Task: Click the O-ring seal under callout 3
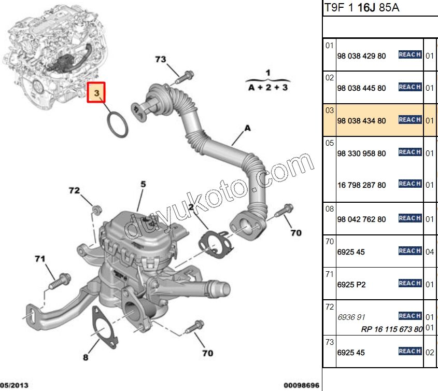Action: (x=118, y=125)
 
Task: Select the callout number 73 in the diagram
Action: (x=161, y=60)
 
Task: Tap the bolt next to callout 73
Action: (x=185, y=78)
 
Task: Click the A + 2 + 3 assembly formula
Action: (x=267, y=88)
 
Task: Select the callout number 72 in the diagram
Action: (x=75, y=191)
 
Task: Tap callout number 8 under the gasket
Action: (x=86, y=357)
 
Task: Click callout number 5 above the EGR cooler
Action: (x=143, y=184)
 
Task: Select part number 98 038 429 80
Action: (x=361, y=56)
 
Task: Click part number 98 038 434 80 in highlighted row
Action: (x=361, y=121)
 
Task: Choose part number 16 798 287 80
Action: (x=361, y=185)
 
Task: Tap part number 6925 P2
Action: (x=351, y=285)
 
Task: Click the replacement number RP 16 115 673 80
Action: (x=392, y=329)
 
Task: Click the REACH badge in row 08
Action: (x=409, y=218)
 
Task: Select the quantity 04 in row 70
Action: (x=430, y=252)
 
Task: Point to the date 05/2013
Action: (x=15, y=385)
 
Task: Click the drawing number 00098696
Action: (x=302, y=385)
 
